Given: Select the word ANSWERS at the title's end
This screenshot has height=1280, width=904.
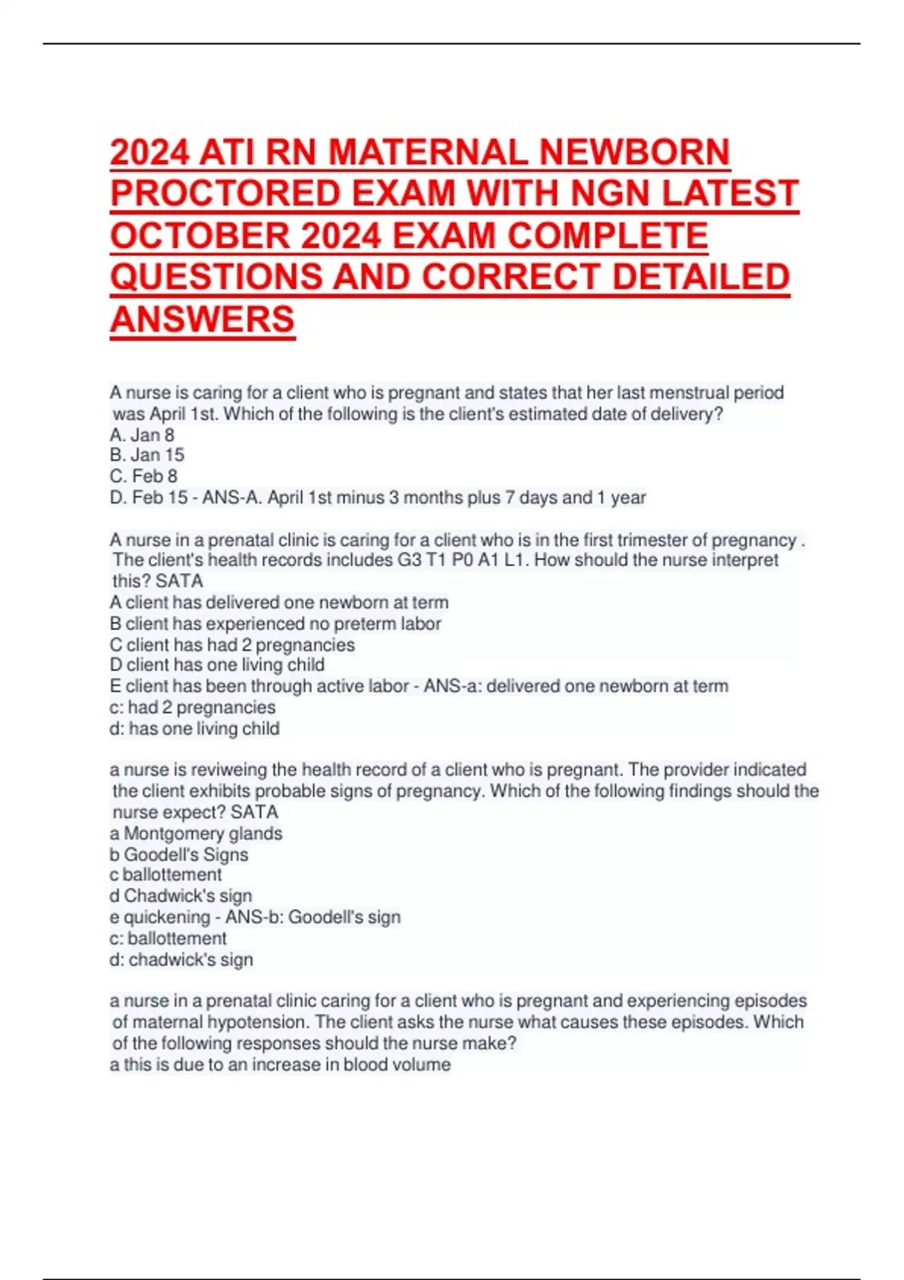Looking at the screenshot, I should pos(202,319).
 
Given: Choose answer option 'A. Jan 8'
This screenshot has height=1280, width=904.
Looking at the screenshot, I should pos(142,435).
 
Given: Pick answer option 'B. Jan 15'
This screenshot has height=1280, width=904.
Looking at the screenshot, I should pos(147,456).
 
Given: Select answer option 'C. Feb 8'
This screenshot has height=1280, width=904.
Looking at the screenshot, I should pos(143,477).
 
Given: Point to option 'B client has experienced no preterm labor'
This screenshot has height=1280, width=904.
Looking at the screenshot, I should pos(275,624).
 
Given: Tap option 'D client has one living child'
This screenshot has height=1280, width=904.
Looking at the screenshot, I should pos(217,666).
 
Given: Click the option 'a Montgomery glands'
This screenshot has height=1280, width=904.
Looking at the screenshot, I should pos(196,834).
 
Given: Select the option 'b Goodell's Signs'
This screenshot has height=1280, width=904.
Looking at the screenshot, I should pos(179,855).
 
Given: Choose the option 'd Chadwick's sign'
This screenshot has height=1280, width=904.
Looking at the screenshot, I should pos(181,896).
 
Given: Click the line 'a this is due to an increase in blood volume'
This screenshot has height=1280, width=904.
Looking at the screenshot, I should pos(280,1065).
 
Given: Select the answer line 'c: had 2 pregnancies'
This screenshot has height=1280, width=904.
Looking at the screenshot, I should pos(192,708).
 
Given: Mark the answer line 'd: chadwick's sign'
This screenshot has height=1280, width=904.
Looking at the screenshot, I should pos(181,960).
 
